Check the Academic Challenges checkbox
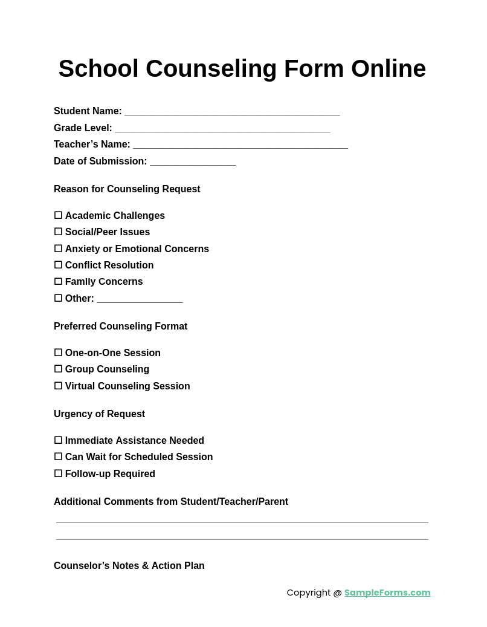(58, 215)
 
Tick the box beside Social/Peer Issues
(58, 232)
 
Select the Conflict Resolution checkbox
(58, 265)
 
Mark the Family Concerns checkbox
(58, 281)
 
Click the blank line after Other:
(140, 299)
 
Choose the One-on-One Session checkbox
(58, 352)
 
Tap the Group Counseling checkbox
(58, 369)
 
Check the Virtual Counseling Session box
(58, 386)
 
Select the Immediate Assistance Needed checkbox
(58, 440)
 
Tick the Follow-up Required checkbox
(58, 473)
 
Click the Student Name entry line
(232, 112)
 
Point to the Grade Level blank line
(222, 129)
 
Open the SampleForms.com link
(387, 593)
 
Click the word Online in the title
(389, 68)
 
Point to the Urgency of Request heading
(99, 414)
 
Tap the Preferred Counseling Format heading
(120, 326)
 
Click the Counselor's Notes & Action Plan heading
(129, 566)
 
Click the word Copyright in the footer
(308, 593)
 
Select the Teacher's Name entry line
(240, 145)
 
